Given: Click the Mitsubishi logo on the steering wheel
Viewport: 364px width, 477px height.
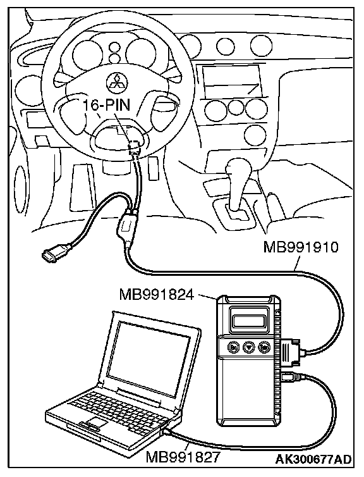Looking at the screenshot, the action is click(117, 81).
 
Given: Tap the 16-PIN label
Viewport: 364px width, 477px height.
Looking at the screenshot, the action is click(106, 105).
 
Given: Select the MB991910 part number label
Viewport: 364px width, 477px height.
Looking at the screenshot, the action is click(301, 247).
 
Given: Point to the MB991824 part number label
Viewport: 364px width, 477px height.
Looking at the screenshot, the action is click(156, 294).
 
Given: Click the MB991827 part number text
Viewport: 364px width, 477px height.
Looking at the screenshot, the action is click(183, 457).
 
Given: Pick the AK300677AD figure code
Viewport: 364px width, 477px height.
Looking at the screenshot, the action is click(313, 459).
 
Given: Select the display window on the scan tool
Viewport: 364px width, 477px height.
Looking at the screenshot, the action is click(248, 321).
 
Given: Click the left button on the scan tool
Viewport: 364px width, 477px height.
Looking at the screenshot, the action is click(233, 347).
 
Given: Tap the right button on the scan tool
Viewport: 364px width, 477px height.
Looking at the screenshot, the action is click(264, 347).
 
